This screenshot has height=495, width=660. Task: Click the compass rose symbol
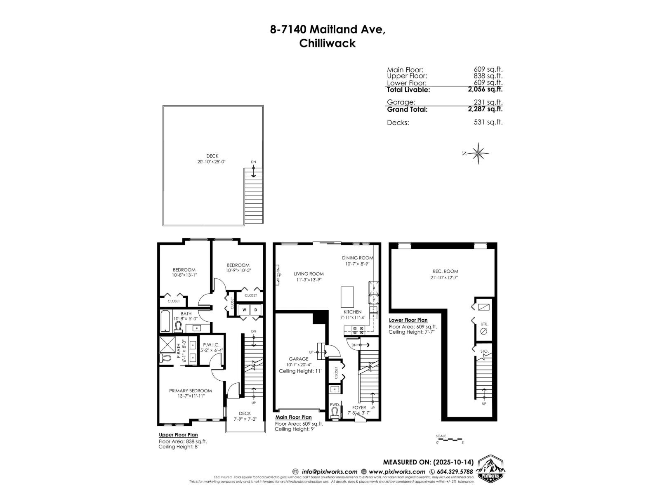[x=478, y=153]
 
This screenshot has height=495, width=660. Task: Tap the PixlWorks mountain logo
[x=491, y=468]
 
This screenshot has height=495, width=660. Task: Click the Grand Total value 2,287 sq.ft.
[x=485, y=109]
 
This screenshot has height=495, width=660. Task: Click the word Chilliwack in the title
[x=327, y=43]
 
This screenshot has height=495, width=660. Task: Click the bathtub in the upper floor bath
[x=165, y=321]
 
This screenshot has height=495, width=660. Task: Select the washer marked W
[x=244, y=309]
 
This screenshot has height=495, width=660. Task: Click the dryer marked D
[x=255, y=309]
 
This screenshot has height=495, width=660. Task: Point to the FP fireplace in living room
[x=279, y=275]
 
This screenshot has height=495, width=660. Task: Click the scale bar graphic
[x=450, y=439]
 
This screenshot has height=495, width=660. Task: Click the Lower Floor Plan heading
[x=408, y=320]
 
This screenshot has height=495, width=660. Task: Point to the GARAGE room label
[x=298, y=359]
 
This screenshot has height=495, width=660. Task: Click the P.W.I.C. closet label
[x=211, y=345]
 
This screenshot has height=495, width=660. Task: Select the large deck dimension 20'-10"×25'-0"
[x=212, y=162]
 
